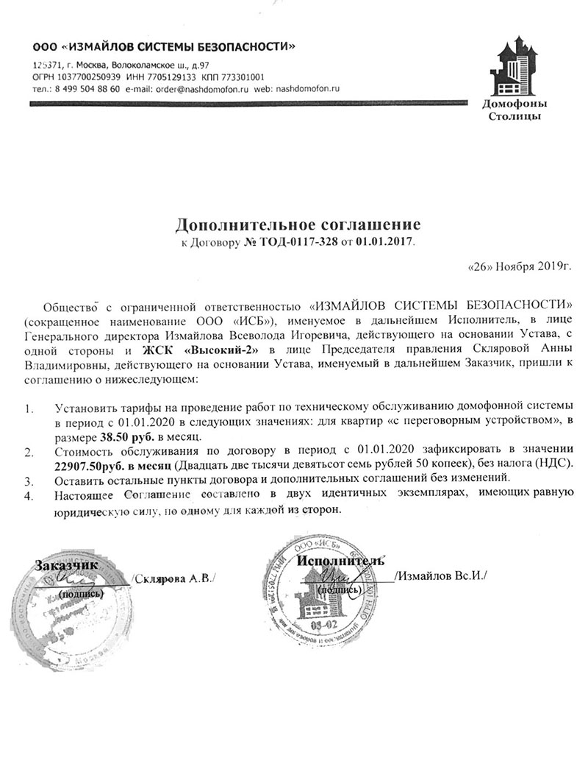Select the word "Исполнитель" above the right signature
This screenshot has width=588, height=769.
pos(340,561)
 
